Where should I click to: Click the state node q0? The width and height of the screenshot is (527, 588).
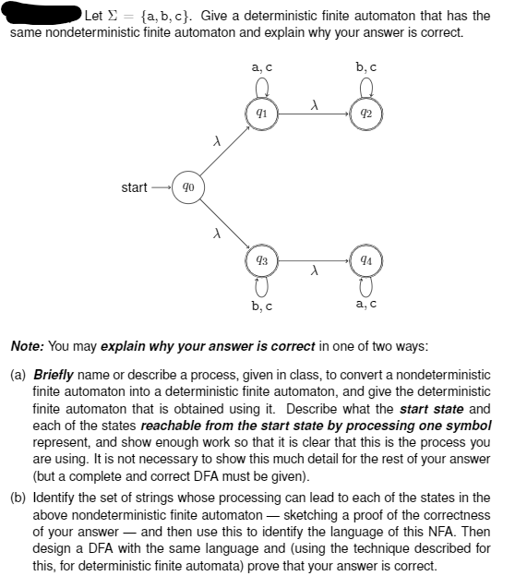tap(188, 187)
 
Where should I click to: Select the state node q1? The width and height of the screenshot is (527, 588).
tap(261, 114)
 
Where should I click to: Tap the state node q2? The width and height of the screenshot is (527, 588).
tap(365, 114)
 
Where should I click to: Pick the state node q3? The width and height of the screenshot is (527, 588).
tap(261, 260)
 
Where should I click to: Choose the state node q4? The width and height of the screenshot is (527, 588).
tap(365, 260)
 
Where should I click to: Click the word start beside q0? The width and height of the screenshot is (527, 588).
tap(134, 187)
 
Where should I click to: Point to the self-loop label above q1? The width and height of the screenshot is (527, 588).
tap(261, 67)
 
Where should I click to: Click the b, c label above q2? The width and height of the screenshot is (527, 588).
tap(365, 67)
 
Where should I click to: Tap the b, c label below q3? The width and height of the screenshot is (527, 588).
tap(261, 306)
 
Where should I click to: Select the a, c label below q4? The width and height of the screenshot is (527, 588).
tap(365, 306)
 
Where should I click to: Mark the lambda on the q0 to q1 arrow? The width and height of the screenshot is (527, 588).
tap(215, 140)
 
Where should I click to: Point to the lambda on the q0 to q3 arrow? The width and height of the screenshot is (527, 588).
tap(215, 234)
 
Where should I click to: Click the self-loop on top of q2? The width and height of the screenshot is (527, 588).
tap(365, 89)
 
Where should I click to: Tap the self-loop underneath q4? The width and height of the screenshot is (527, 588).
tap(365, 286)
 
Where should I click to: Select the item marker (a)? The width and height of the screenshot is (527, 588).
tap(18, 376)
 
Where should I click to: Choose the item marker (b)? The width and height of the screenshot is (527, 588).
tap(18, 497)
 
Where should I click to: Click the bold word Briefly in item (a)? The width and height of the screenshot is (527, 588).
tap(54, 376)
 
